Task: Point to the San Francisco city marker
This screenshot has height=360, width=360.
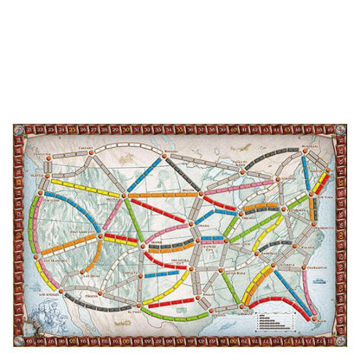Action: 31,253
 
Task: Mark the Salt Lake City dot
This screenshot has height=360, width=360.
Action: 101,234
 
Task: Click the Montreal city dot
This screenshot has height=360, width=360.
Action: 304,154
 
